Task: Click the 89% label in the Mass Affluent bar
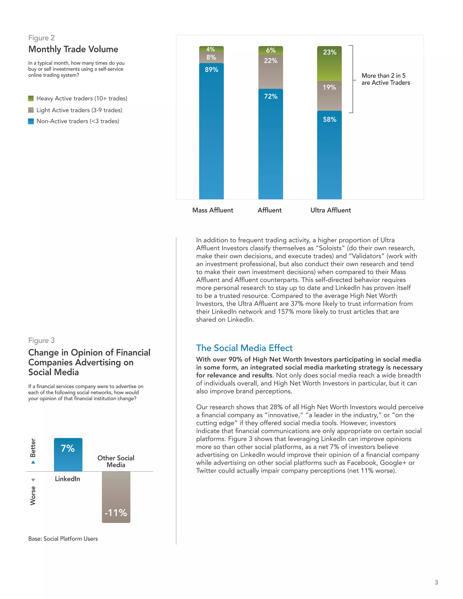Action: coord(211,70)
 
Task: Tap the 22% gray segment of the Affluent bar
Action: coord(270,71)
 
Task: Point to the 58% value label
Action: coord(329,120)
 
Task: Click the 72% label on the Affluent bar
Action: coord(271,97)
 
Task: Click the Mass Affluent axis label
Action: coord(213,210)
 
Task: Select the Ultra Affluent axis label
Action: coord(331,210)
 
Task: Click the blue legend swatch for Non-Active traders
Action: coord(31,121)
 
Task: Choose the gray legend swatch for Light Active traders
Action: coord(31,110)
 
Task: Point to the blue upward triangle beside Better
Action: coord(33,462)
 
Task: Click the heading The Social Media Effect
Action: coord(244,348)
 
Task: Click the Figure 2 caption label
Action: coord(41,38)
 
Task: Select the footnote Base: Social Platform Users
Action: coord(63,539)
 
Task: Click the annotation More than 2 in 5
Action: coord(383,76)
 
